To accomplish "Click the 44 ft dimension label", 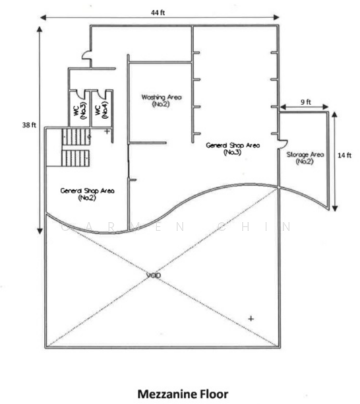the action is tap(158, 12).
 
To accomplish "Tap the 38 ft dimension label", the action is tap(29, 125).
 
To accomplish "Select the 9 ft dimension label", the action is tap(305, 102).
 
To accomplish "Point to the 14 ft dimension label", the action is tap(344, 156).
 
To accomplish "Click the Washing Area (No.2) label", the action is tap(161, 100).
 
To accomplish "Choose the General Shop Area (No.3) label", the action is tap(233, 149).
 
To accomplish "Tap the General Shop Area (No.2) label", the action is tap(87, 195).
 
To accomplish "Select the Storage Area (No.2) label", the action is tap(305, 158).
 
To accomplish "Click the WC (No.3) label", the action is tap(80, 110).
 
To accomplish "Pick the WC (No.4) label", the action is tap(102, 110).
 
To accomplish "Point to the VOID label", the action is tap(154, 275).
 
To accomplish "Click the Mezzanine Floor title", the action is tap(183, 394).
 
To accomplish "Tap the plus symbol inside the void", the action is tap(251, 318).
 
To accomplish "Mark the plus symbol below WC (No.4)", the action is tap(107, 131).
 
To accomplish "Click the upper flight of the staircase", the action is tap(76, 137).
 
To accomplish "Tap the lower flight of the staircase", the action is tap(76, 158).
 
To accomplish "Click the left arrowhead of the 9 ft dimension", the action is tap(283, 106).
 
